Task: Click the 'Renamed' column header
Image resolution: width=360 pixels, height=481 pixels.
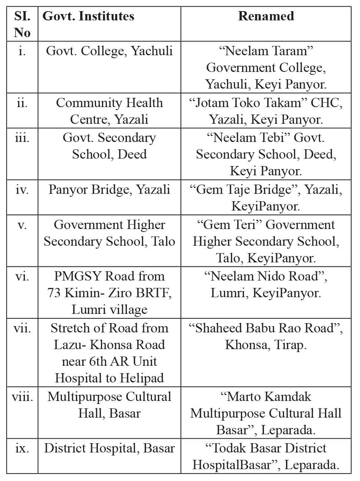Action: tap(266, 16)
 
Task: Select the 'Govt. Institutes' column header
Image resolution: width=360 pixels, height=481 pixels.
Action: tap(89, 16)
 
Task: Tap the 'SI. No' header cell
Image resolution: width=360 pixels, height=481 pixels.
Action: tap(22, 24)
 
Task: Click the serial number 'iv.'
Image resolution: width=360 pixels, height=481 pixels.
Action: tap(22, 190)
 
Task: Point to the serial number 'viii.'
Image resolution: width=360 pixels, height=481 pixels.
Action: tap(22, 397)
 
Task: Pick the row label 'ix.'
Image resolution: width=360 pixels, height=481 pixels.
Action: tap(22, 448)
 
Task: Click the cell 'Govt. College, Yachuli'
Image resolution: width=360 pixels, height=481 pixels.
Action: tap(109, 51)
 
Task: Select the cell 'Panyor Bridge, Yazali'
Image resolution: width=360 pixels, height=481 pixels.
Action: tap(109, 190)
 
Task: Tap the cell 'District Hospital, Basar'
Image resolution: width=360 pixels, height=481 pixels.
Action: tap(109, 448)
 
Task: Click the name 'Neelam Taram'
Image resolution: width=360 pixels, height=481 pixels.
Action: tap(266, 51)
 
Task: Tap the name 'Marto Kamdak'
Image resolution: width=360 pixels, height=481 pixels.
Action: tap(266, 397)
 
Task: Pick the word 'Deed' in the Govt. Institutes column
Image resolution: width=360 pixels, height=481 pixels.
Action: tap(132, 155)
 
